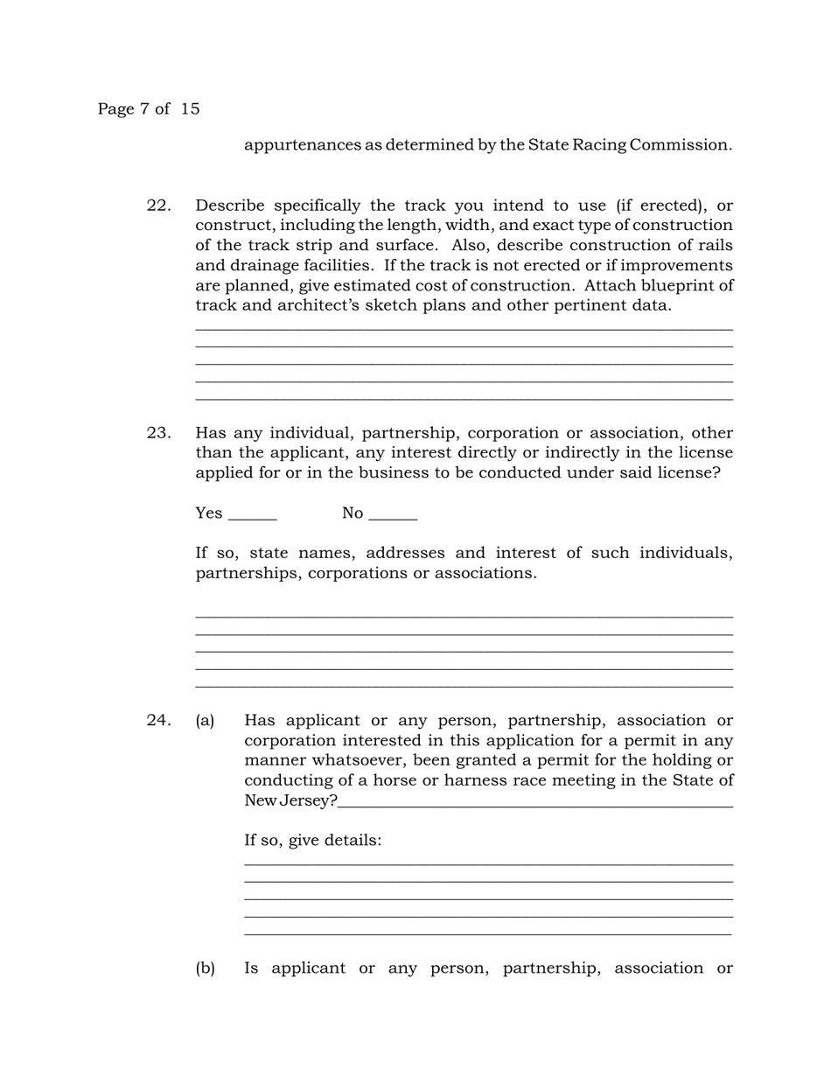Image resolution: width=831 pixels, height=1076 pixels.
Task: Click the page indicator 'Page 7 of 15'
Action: point(148,109)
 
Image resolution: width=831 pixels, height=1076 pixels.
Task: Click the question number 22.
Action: point(158,206)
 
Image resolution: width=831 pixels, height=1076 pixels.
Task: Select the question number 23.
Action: point(158,433)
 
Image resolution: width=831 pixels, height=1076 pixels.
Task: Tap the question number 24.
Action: point(158,721)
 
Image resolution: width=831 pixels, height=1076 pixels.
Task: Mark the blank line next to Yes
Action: point(252,518)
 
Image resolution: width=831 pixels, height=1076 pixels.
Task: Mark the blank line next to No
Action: point(393,518)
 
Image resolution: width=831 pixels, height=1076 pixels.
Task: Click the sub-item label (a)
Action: point(205,721)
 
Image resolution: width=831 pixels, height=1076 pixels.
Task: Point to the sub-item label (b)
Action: point(205,968)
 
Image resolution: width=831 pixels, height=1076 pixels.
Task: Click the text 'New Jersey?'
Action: point(290,801)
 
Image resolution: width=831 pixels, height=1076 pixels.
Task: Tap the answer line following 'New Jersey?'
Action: point(534,805)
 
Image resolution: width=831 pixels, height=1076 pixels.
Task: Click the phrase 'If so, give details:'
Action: point(312,841)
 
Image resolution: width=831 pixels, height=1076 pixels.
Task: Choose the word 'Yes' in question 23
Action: point(209,514)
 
